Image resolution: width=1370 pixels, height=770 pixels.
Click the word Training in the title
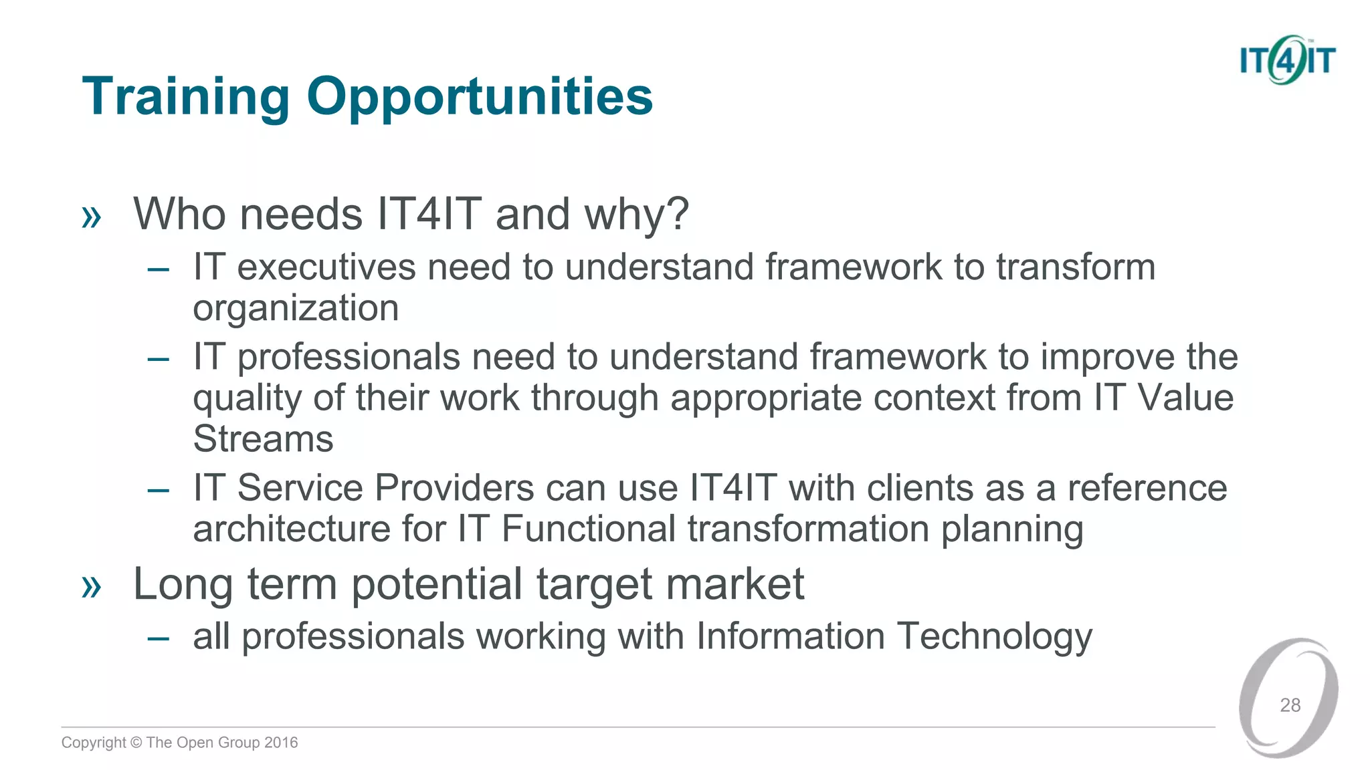185,97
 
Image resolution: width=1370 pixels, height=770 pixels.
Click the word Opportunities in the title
479,97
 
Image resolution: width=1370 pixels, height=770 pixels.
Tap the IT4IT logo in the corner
1287,60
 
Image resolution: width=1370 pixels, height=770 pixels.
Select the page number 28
1290,705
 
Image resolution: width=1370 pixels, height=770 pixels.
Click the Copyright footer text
179,743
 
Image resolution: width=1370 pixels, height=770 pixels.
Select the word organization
296,308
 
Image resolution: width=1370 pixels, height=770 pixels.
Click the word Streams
263,439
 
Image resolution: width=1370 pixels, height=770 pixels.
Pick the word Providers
454,487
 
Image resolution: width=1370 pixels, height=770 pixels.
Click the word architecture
292,529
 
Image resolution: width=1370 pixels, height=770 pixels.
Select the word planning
1012,529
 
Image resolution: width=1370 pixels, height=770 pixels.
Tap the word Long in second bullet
183,584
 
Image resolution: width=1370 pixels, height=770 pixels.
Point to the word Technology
994,636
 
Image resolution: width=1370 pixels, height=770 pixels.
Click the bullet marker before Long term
91,587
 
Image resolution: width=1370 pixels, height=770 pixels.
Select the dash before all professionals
159,638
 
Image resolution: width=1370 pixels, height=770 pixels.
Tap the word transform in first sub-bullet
1076,267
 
